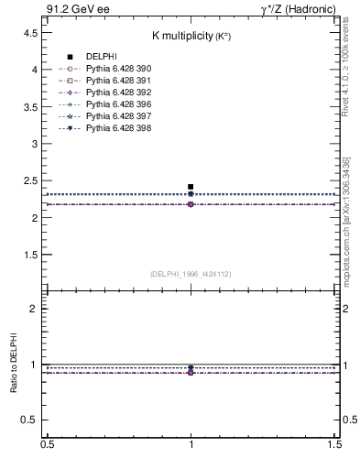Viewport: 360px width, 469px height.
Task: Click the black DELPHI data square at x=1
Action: pyautogui.click(x=191, y=187)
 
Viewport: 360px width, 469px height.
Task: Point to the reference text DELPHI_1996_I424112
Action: pyautogui.click(x=190, y=273)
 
